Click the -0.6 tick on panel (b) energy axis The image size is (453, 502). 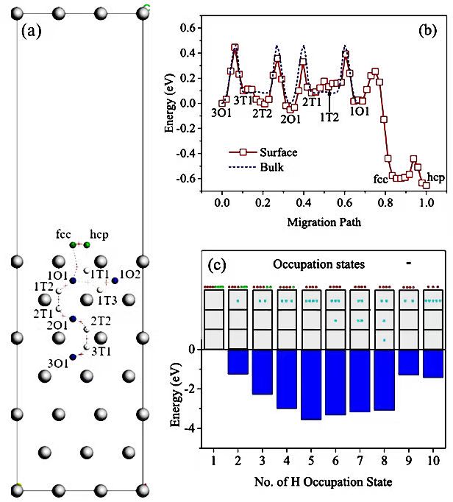click(x=188, y=178)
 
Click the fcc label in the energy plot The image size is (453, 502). click(x=380, y=177)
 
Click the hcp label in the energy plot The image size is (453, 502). click(x=435, y=177)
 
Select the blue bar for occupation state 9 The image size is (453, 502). click(x=408, y=362)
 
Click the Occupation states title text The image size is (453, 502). click(x=318, y=264)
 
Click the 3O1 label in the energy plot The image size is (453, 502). click(x=222, y=113)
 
